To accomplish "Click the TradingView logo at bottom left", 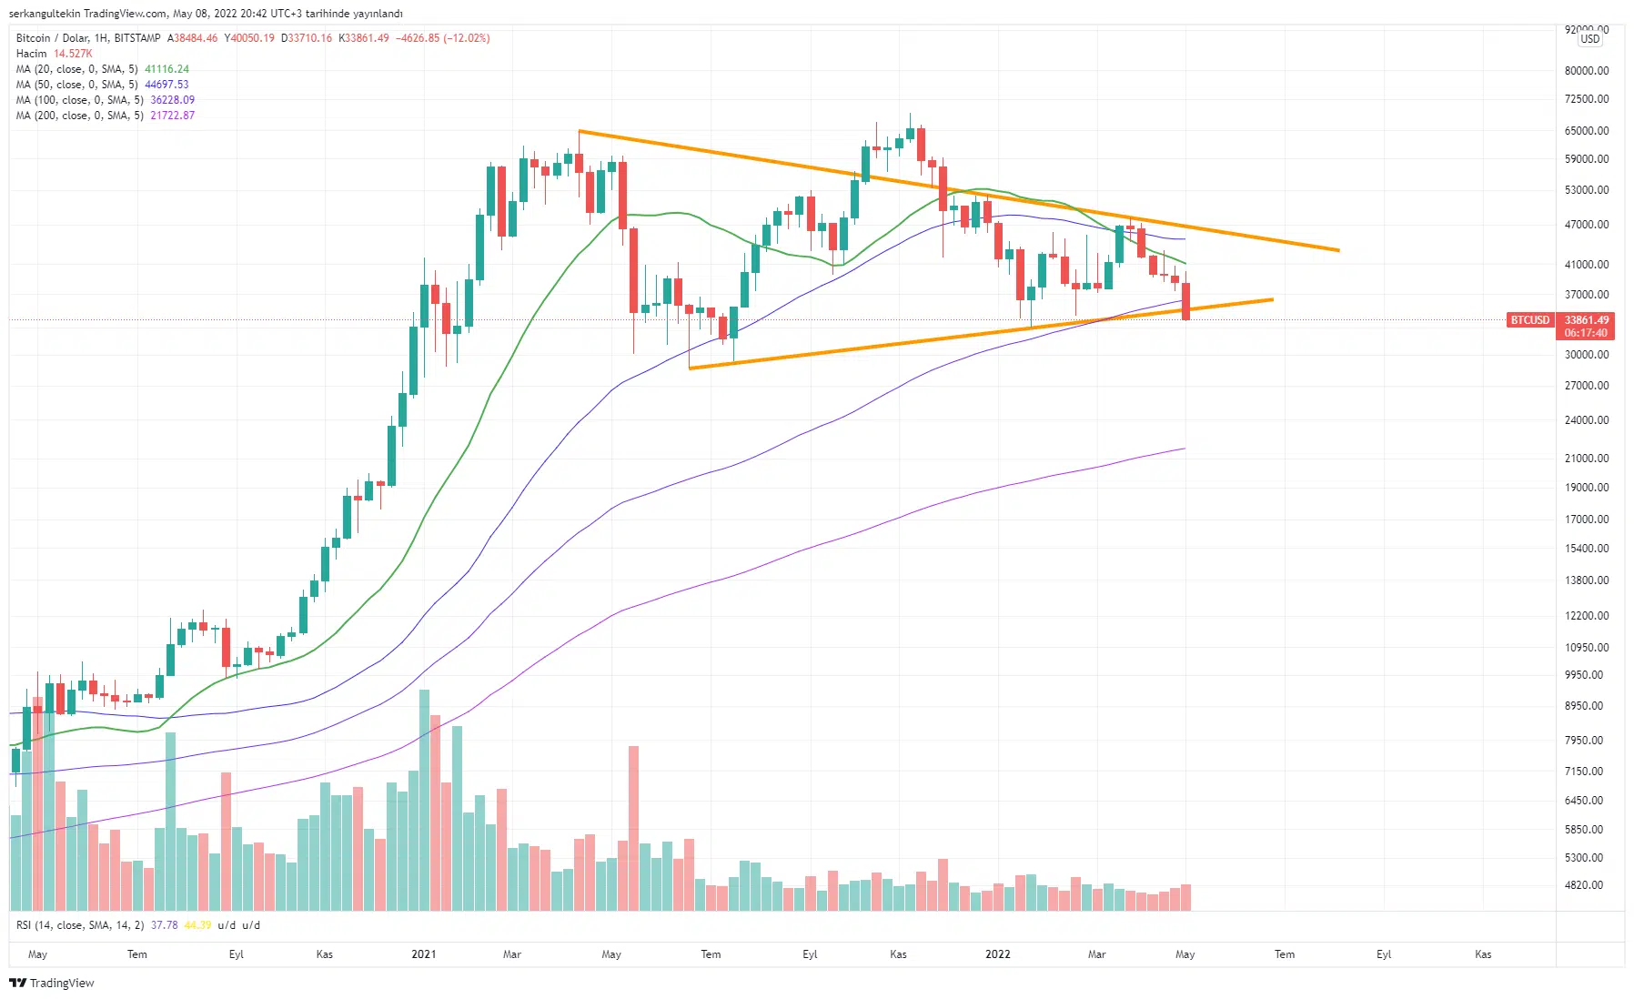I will [x=52, y=983].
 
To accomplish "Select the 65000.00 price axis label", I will [x=1586, y=131].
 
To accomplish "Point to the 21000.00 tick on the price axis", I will [x=1586, y=459].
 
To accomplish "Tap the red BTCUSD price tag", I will [x=1529, y=320].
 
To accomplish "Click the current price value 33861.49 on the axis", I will [x=1586, y=320].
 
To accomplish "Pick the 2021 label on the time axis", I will [x=423, y=954].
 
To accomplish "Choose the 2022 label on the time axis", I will [x=997, y=954].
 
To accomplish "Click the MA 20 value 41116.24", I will [x=167, y=69].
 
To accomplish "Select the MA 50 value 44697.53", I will [x=167, y=85].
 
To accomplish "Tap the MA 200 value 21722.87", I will [x=173, y=116].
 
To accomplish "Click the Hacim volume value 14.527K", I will [x=73, y=54].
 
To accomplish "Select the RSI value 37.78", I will [x=165, y=925].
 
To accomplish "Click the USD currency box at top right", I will [x=1589, y=39].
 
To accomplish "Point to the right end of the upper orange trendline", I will [x=1338, y=250].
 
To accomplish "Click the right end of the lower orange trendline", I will [x=1272, y=299].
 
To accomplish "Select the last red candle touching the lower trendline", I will [x=1185, y=301].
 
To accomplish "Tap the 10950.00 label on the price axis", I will [x=1586, y=648].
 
